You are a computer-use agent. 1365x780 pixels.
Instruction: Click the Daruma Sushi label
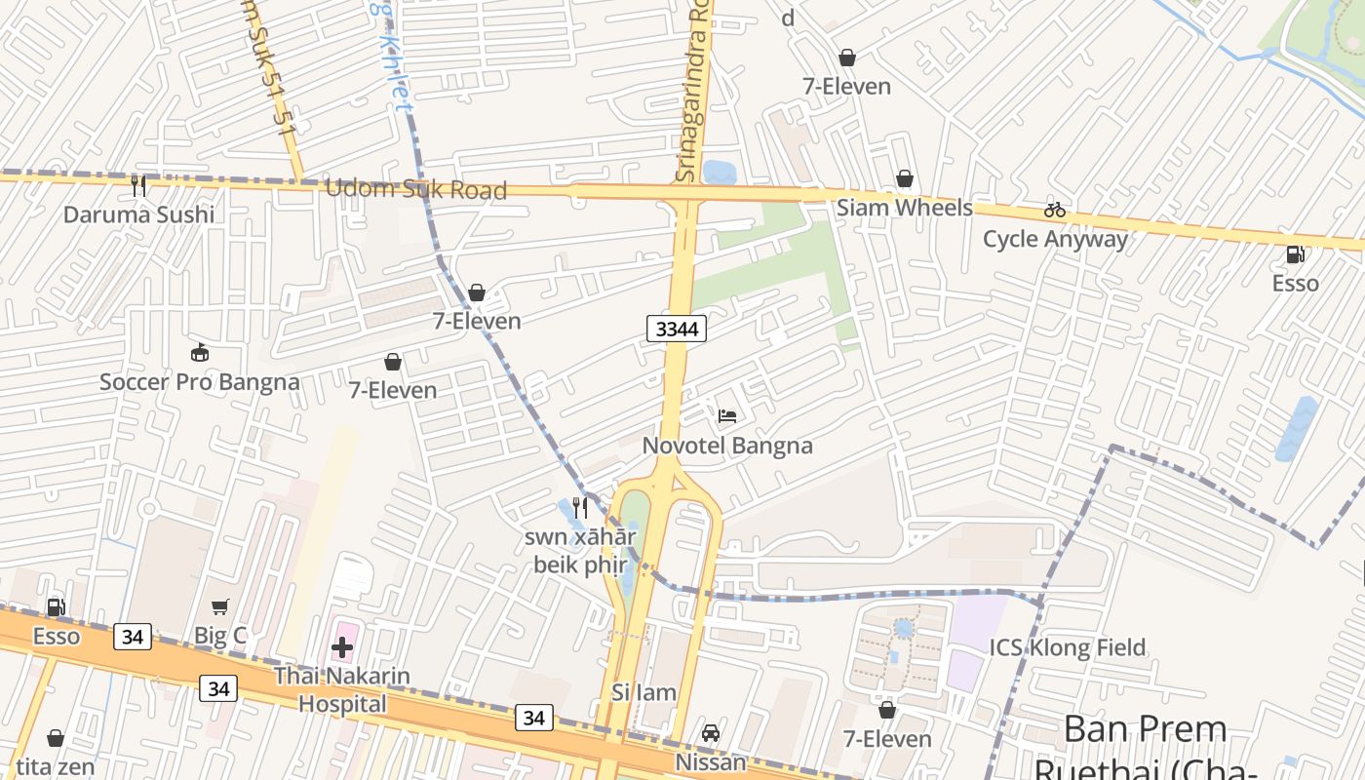coord(138,214)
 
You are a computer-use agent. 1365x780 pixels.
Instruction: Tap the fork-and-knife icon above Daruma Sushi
coord(138,185)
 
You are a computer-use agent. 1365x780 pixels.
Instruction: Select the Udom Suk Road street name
coord(415,189)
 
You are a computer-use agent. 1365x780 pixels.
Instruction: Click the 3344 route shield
coord(677,329)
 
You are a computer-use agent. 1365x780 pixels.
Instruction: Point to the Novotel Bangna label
coord(727,446)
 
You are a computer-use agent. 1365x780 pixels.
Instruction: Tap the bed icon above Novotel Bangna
coord(727,416)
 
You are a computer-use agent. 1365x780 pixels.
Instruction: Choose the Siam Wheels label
coord(905,208)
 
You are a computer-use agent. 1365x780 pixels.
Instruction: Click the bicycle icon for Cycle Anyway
coord(1055,210)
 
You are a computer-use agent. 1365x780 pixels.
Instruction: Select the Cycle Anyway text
coord(1055,239)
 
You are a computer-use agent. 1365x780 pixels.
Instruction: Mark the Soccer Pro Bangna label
coord(200,381)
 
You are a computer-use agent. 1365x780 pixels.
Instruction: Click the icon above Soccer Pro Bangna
coord(200,352)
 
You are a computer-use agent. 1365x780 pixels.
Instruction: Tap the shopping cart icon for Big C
coord(220,607)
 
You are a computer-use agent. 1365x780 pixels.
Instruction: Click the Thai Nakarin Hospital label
coord(342,689)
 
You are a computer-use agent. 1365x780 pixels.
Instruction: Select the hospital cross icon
coord(342,646)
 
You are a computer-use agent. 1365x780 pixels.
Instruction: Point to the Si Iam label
coord(643,692)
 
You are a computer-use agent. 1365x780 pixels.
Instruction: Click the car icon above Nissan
coord(711,733)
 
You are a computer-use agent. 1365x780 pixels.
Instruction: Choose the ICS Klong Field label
coord(1068,647)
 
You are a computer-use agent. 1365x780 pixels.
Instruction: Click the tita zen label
coord(56,767)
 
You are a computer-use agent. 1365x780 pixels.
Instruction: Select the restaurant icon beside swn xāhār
coord(580,508)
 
